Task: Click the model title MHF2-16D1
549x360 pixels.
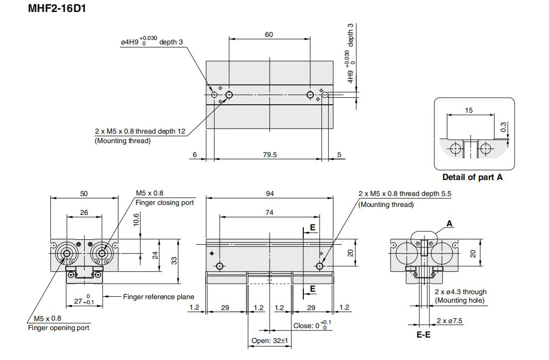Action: pyautogui.click(x=57, y=8)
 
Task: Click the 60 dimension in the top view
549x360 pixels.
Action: pyautogui.click(x=269, y=34)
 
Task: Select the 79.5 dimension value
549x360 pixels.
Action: pyautogui.click(x=270, y=155)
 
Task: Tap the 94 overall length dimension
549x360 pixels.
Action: pyautogui.click(x=270, y=193)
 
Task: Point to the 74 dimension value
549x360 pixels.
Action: pyautogui.click(x=269, y=212)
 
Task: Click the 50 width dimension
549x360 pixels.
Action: pyautogui.click(x=84, y=193)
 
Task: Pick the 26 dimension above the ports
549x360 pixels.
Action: pyautogui.click(x=84, y=212)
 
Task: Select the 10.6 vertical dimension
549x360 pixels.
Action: pyautogui.click(x=136, y=219)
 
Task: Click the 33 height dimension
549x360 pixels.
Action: pyautogui.click(x=174, y=260)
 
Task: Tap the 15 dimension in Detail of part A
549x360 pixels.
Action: pyautogui.click(x=469, y=110)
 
